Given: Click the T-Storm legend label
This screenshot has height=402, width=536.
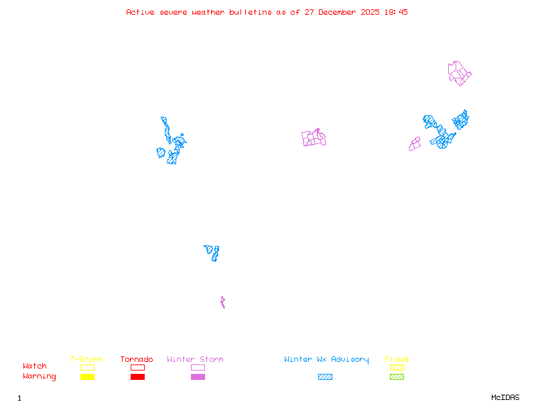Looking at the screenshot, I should click(x=86, y=360).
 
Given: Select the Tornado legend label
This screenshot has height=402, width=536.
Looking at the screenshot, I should click(x=137, y=360).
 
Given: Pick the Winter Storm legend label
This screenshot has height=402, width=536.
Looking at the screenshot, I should click(x=195, y=360).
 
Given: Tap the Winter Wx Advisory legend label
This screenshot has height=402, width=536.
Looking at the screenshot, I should click(x=326, y=360).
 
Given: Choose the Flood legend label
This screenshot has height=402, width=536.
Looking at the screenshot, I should click(x=397, y=360).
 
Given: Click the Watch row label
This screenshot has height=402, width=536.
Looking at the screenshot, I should click(x=35, y=366).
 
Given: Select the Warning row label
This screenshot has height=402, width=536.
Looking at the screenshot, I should click(x=40, y=377).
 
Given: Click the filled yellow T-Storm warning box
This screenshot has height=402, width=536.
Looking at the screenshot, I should click(x=87, y=377).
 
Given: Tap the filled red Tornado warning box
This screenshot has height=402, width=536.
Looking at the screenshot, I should click(x=137, y=377).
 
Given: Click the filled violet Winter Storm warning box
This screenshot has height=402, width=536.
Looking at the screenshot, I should click(x=198, y=377).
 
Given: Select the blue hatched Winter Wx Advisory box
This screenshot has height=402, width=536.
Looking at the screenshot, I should click(x=325, y=377).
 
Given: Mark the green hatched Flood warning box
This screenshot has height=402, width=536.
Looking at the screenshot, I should click(x=397, y=377).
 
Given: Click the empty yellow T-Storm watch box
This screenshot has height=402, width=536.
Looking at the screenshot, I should click(x=87, y=368).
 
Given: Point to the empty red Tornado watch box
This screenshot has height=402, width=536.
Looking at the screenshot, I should click(x=137, y=368).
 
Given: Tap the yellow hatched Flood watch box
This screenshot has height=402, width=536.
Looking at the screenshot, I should click(x=397, y=368).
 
